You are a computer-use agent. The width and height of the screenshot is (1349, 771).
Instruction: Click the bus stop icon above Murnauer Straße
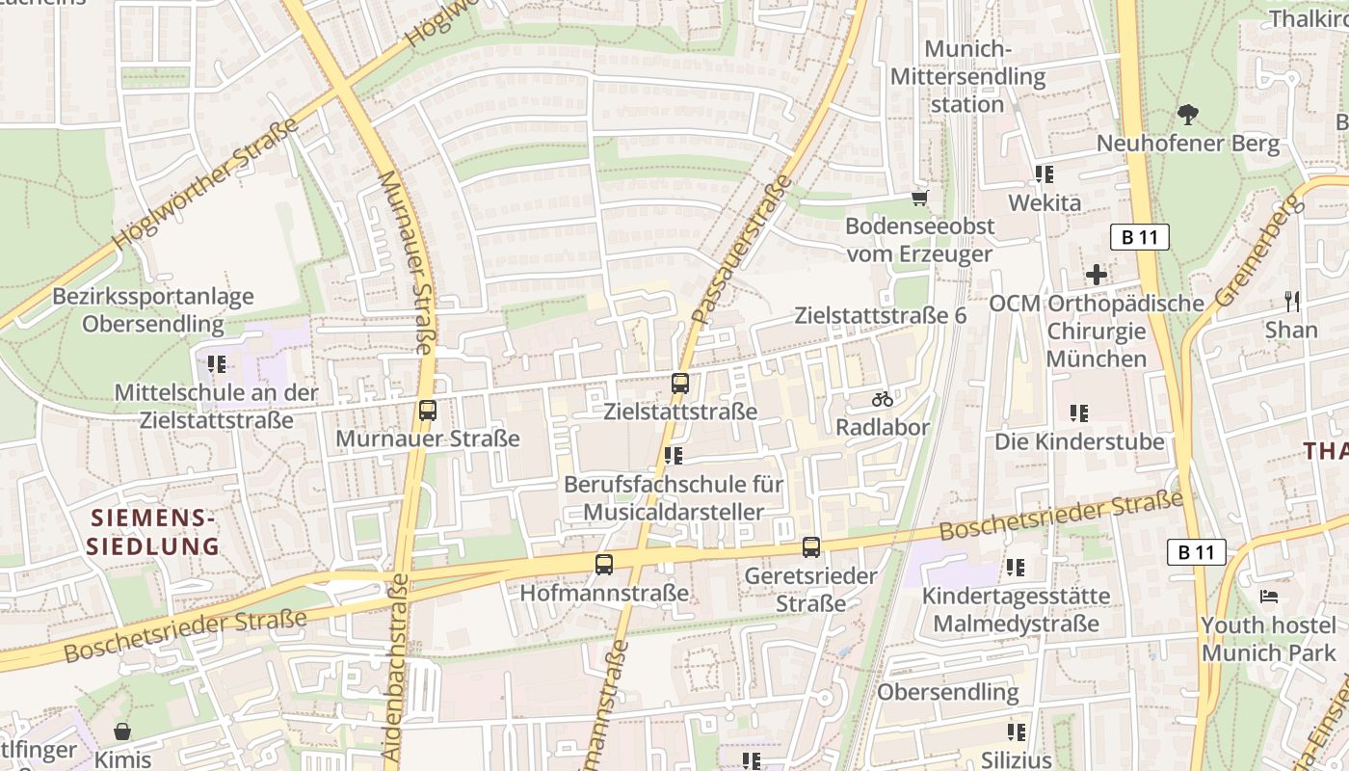tap(428, 411)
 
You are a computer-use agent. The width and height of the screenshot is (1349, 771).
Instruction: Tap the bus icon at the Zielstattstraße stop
tap(680, 384)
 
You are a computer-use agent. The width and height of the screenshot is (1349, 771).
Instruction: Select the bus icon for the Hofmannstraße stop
tap(604, 565)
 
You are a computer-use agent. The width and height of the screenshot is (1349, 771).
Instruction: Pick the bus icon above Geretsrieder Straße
tap(811, 547)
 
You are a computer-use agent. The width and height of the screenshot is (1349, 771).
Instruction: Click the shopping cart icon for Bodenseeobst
tap(919, 198)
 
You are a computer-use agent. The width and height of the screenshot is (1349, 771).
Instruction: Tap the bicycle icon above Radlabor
tap(882, 399)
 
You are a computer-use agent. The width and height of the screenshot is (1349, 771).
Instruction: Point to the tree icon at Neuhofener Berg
tap(1188, 115)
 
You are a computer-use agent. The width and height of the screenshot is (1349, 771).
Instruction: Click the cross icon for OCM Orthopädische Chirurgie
tap(1097, 275)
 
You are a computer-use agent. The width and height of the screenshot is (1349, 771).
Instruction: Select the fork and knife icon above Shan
tap(1291, 301)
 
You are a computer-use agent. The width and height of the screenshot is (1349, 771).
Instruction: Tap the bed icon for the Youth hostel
tap(1269, 598)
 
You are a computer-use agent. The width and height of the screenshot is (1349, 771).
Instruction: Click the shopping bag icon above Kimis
tap(122, 731)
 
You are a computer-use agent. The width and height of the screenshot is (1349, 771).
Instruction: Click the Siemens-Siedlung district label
tap(153, 532)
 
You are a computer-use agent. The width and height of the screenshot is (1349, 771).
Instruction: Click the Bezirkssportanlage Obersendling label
tap(153, 310)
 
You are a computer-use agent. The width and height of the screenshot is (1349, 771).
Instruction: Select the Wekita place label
tap(1045, 203)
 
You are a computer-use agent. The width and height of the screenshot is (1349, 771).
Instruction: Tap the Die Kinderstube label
tap(1079, 442)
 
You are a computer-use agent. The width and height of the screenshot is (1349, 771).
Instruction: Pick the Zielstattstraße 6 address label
tap(880, 315)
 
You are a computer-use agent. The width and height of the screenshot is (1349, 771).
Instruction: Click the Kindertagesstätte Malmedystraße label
tap(1016, 610)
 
